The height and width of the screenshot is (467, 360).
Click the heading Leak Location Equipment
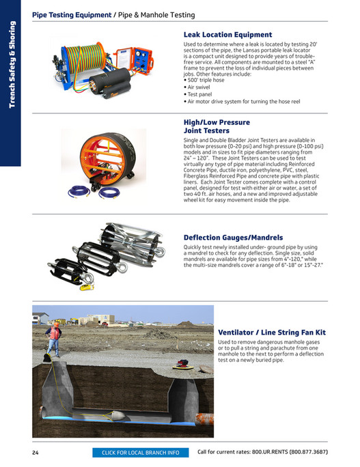227,34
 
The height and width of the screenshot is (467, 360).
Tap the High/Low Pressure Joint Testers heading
216,126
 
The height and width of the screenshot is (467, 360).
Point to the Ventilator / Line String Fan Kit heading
272,332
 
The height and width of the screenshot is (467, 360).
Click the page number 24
35,452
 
